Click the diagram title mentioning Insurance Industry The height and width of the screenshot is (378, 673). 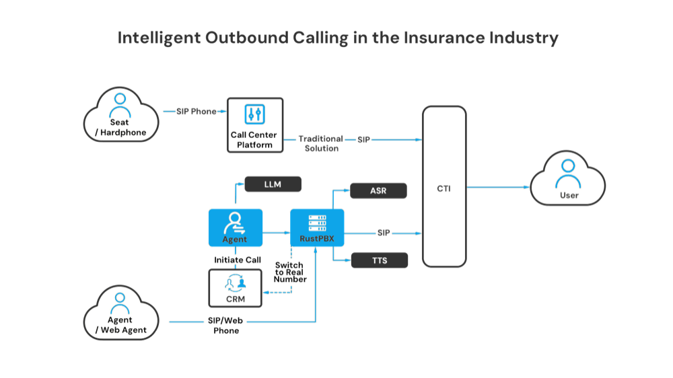[338, 38]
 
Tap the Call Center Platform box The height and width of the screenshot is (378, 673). [254, 124]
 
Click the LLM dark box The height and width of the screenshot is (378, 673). [273, 184]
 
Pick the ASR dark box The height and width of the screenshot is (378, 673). [378, 190]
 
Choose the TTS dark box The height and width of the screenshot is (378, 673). [379, 260]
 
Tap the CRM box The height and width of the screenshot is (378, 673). [235, 289]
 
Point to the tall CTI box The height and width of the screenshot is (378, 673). [444, 186]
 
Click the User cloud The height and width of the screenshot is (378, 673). [567, 178]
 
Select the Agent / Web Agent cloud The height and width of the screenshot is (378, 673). [121, 313]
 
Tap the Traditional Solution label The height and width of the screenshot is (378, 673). [320, 143]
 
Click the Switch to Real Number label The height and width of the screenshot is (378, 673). [290, 271]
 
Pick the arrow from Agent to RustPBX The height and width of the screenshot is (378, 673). [276, 233]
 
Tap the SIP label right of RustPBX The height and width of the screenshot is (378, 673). [383, 233]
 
